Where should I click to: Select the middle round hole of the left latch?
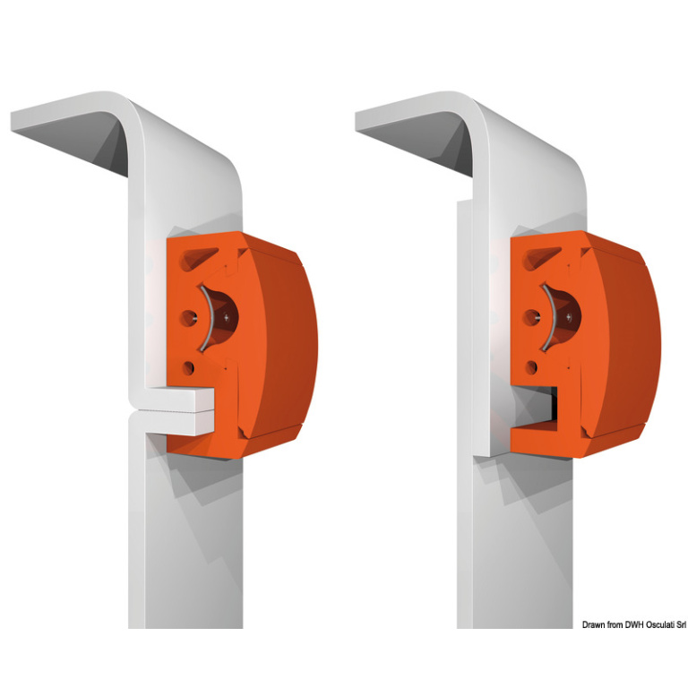pos(189,318)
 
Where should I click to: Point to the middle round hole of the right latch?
pos(532,317)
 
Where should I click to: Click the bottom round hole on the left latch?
pos(189,367)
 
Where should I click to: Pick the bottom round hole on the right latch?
pos(531,367)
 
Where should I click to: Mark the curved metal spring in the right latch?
pos(551,318)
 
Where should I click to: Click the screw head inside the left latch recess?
pos(227,317)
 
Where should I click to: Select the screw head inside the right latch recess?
pos(569,316)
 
